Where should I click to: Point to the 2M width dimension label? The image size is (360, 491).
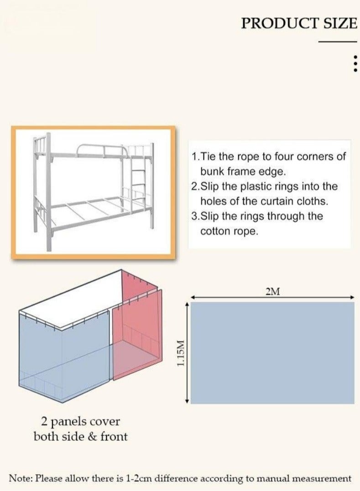(x=272, y=292)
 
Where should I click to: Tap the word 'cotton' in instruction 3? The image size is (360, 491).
(x=214, y=231)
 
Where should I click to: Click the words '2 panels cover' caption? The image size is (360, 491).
(x=80, y=421)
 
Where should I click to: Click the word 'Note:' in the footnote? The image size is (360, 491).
(x=21, y=478)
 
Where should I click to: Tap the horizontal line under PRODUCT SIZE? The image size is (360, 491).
(x=337, y=42)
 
